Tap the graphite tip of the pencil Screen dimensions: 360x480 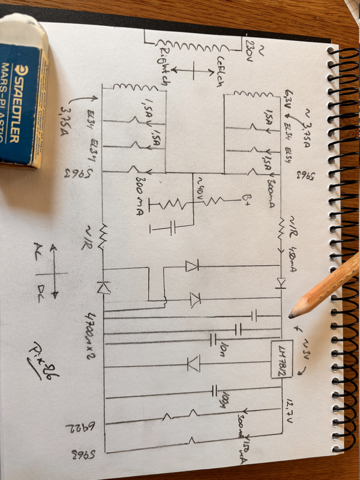pyautogui.click(x=292, y=314)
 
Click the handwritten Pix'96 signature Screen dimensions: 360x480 pyautogui.click(x=43, y=357)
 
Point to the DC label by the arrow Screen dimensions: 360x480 pyautogui.click(x=41, y=292)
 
